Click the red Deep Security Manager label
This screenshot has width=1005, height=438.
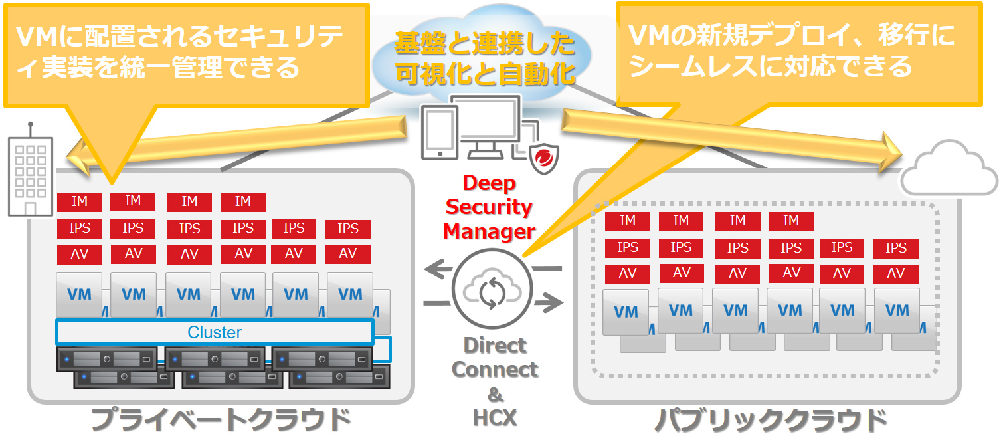[x=489, y=207]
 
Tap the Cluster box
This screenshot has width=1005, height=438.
[x=215, y=332]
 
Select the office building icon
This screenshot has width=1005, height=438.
[x=29, y=173]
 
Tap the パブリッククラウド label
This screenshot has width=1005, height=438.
[x=771, y=420]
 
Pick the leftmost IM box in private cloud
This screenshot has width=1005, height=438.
[x=79, y=202]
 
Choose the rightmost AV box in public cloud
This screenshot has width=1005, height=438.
[x=895, y=273]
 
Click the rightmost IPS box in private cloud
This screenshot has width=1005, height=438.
[x=348, y=229]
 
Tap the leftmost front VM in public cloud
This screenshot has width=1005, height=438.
[x=626, y=312]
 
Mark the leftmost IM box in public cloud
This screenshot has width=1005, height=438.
[x=628, y=221]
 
